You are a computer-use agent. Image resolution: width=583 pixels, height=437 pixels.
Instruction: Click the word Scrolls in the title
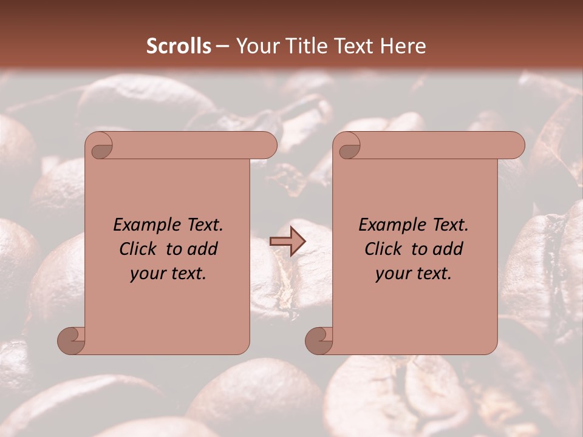pos(179,46)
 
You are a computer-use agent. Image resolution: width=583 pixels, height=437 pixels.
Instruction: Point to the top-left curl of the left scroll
pos(101,147)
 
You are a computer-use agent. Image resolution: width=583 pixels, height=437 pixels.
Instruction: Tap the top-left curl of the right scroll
pos(349,147)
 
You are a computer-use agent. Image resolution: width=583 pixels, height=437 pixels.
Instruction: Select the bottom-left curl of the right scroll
pos(319,340)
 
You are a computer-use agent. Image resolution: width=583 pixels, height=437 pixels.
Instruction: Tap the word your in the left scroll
pos(145,274)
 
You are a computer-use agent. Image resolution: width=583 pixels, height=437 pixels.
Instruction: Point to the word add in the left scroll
pos(202,249)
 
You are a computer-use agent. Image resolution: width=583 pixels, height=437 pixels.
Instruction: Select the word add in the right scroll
pos(448,249)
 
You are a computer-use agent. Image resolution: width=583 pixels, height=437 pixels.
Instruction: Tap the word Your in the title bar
pos(256,46)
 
